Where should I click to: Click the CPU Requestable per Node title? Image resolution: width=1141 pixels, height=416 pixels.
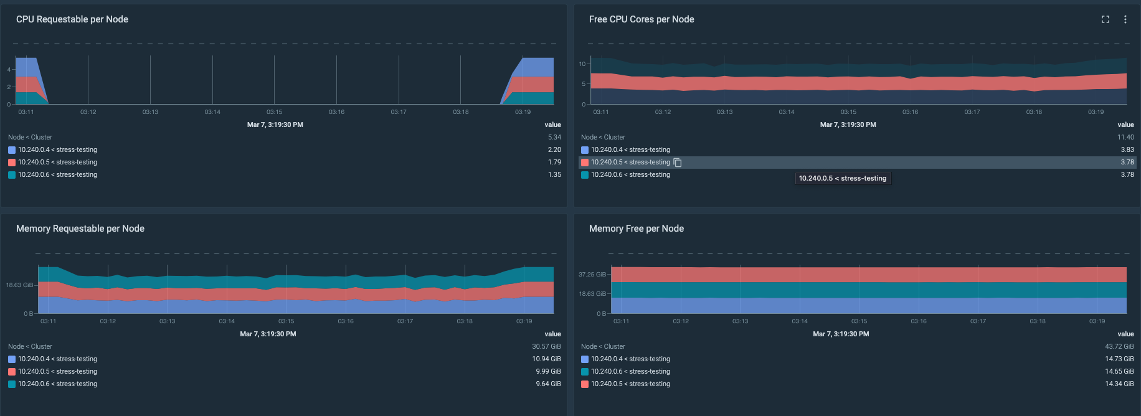click(72, 19)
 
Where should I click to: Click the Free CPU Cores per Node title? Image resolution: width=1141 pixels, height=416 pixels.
click(642, 19)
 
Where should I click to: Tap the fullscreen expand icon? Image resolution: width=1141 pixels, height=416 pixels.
click(1105, 19)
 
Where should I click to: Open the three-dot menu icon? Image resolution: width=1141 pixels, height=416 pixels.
click(1125, 19)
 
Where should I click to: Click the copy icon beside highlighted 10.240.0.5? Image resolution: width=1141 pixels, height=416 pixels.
click(678, 163)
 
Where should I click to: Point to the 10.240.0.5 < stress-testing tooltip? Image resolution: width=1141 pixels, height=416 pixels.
click(843, 178)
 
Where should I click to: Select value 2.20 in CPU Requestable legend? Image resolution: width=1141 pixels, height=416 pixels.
click(554, 149)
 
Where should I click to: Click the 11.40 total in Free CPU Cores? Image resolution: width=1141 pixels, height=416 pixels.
click(1125, 137)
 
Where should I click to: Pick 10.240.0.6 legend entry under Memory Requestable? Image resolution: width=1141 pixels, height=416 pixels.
click(57, 384)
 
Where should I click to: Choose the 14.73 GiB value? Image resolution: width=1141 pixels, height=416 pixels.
click(1119, 359)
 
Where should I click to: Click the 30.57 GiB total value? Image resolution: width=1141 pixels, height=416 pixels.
click(546, 346)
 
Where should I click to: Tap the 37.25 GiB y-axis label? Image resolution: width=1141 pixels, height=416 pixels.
click(592, 274)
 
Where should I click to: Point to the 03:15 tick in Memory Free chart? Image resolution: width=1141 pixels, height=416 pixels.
click(859, 321)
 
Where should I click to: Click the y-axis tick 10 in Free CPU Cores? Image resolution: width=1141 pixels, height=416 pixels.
click(582, 64)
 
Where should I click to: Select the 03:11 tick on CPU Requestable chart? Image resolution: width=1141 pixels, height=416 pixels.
click(26, 112)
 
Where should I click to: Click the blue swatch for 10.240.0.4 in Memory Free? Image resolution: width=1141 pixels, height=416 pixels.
click(585, 359)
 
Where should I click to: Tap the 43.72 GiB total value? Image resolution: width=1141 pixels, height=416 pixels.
click(1119, 346)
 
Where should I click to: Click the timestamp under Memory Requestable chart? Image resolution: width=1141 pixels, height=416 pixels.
click(268, 334)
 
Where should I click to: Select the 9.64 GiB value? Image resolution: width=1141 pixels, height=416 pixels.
click(548, 384)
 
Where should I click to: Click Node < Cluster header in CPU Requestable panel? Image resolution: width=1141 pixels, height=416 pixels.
click(30, 137)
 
